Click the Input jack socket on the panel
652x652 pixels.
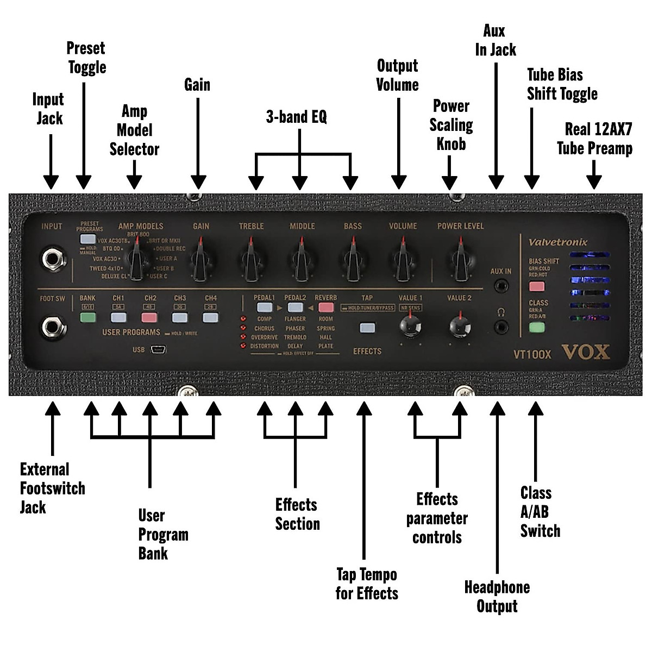pos(52,260)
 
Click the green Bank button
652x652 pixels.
pos(87,318)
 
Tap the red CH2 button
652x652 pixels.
pos(149,318)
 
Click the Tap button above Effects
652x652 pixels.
pos(367,328)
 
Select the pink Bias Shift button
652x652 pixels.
pos(537,286)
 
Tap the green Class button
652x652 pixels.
pos(537,327)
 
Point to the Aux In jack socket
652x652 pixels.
pos(501,285)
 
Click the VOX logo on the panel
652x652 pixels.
pos(586,352)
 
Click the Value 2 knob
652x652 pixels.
pos(460,326)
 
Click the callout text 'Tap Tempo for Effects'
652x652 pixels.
pos(366,584)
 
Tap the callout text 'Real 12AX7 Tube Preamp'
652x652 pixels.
pos(595,139)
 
